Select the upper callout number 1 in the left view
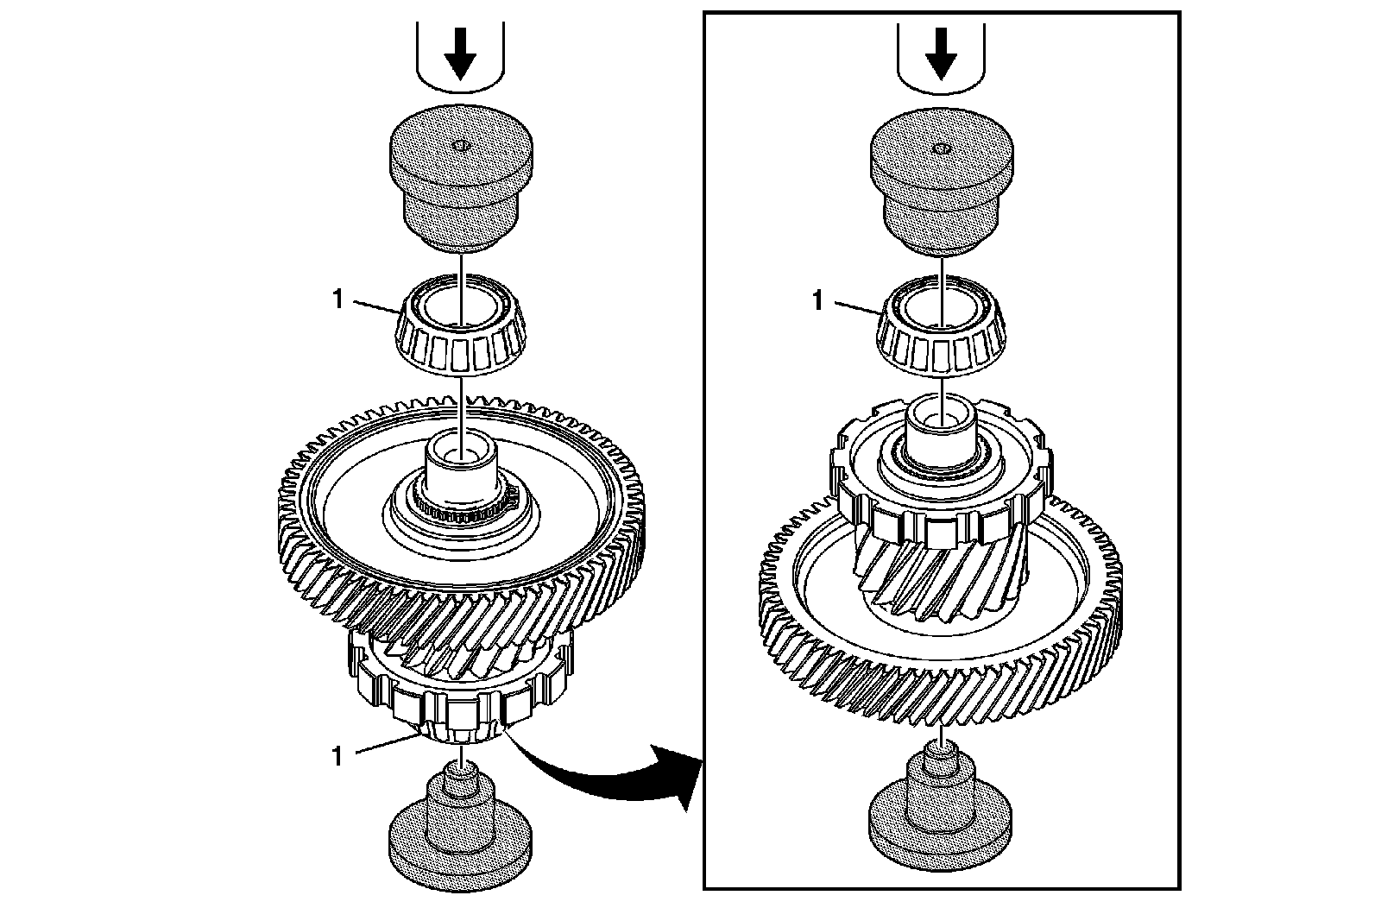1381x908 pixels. point(337,300)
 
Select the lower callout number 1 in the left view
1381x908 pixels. point(337,756)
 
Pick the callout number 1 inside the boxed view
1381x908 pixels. point(817,301)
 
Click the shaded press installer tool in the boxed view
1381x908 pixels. point(940,186)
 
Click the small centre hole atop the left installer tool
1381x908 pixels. point(460,144)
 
